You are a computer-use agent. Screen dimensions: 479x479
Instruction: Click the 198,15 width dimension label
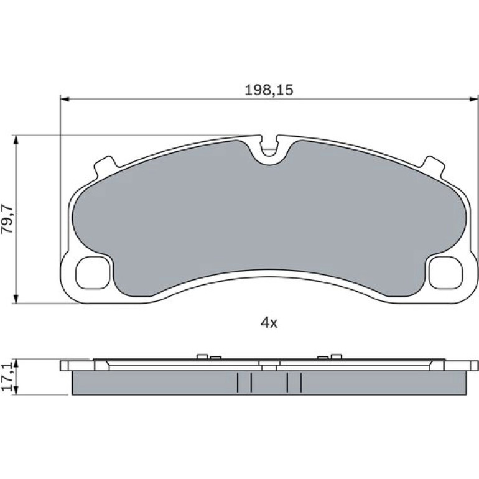tap(269, 90)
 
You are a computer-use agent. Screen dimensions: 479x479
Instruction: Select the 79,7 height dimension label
tap(7, 219)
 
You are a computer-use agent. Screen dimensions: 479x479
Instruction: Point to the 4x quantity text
tap(269, 323)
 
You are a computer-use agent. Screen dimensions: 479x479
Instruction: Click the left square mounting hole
tap(93, 272)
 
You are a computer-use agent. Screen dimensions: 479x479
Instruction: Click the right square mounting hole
tap(445, 272)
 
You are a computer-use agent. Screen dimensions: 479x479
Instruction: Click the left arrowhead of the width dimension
tap(65, 99)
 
